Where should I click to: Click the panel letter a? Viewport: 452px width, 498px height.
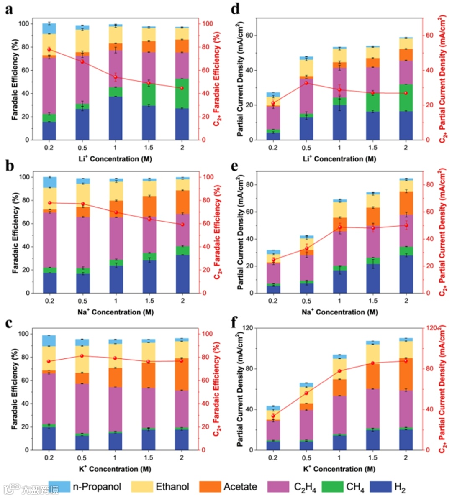tap(9, 9)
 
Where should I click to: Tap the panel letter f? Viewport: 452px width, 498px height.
tap(235, 322)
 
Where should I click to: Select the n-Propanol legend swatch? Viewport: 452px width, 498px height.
tap(59, 486)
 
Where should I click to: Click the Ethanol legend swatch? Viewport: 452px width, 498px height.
tap(142, 486)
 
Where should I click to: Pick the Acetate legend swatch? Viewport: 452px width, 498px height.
tap(210, 486)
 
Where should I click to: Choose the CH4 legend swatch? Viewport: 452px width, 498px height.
tap(333, 486)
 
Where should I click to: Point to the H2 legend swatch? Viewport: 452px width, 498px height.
tap(380, 486)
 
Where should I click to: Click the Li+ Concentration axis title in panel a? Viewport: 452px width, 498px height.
tap(115, 158)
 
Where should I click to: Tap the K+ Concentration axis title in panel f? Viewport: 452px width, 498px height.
tap(339, 469)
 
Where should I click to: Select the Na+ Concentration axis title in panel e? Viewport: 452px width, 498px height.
tap(339, 312)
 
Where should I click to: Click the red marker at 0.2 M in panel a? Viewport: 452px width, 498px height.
tap(49, 49)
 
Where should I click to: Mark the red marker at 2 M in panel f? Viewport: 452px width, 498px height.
tap(406, 361)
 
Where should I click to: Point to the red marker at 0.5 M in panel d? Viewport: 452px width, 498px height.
tap(306, 83)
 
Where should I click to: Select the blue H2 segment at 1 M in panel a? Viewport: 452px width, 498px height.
tap(116, 118)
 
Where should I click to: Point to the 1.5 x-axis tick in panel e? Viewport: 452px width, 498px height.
tap(372, 301)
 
